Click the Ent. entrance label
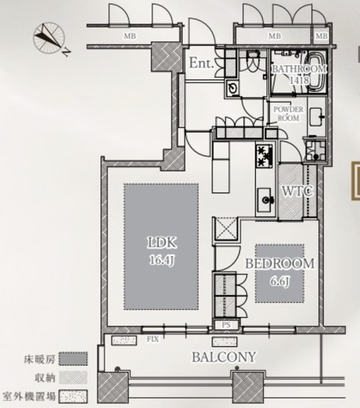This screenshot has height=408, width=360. [201, 62]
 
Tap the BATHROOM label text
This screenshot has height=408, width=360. [299, 69]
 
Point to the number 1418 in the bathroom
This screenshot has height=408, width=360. [299, 80]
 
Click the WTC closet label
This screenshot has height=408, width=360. [298, 191]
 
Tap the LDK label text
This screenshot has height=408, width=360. [162, 243]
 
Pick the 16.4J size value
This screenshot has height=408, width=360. [162, 260]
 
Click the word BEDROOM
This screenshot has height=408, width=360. [280, 263]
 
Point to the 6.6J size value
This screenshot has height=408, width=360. [280, 282]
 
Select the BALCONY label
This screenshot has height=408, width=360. [224, 357]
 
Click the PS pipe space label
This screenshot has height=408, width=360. [226, 324]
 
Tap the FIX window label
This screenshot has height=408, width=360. [153, 339]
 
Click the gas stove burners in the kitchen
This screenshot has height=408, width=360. [264, 156]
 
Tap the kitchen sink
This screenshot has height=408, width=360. [265, 200]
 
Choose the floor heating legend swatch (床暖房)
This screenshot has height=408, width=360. [73, 359]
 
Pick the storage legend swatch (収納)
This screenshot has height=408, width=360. [73, 377]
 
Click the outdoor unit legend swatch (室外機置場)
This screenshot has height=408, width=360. [73, 397]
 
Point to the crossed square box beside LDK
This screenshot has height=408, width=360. [226, 229]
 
